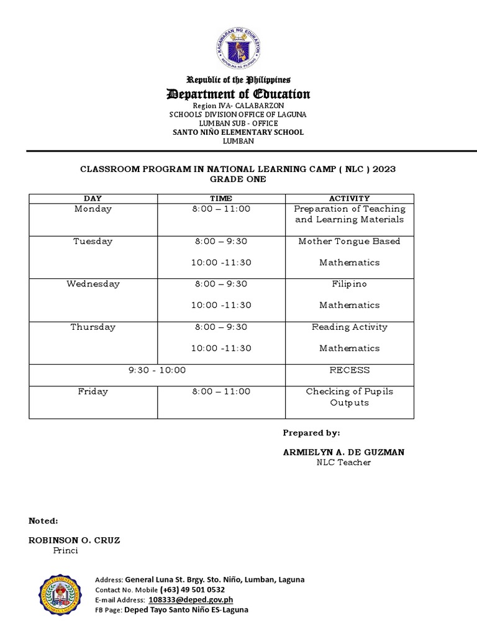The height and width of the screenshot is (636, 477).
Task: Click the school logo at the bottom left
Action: pos(60,595)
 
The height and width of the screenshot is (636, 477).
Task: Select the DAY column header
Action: pos(93,198)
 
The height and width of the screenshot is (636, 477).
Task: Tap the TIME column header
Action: pos(220,198)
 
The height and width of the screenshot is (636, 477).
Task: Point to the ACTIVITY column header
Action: pos(349,198)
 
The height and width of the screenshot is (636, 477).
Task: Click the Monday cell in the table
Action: pos(93,209)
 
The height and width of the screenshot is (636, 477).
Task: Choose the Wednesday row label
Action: pos(93,284)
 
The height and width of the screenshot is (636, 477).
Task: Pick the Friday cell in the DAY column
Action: pos(93,391)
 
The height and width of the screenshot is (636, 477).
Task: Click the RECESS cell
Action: pos(349,370)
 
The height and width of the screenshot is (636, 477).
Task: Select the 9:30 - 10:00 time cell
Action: pos(157,370)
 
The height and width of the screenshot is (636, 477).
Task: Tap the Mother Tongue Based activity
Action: pos(349,241)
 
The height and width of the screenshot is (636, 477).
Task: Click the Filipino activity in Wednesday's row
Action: pos(349,284)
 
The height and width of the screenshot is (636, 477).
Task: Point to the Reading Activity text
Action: pos(349,327)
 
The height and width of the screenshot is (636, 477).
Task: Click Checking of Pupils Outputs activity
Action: pos(349,397)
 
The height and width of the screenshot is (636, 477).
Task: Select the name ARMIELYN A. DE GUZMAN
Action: pos(343,452)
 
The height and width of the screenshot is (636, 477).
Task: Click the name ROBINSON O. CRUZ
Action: pos(75,540)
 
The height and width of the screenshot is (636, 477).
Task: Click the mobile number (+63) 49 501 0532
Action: pos(192,589)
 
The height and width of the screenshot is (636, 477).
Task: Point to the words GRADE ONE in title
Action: pos(238,179)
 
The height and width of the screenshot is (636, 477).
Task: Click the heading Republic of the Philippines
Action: pos(238,80)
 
